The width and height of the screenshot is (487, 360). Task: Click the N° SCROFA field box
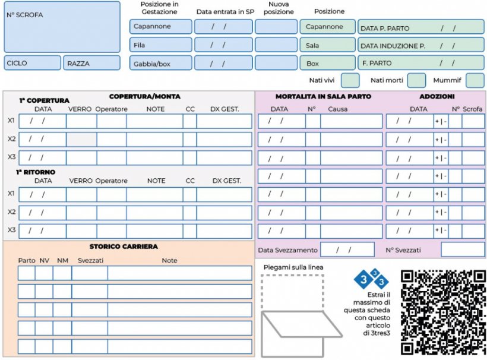(62, 27)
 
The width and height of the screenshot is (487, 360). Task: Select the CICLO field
(32, 63)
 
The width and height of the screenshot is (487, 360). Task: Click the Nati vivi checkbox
(350, 80)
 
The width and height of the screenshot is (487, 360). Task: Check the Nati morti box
(416, 80)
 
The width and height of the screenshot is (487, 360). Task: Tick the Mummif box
(475, 80)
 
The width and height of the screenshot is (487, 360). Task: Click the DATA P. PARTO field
(420, 27)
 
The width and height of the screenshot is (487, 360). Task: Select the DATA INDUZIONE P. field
(420, 45)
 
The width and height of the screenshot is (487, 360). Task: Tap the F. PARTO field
(420, 62)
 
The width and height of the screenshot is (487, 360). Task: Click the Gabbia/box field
(160, 63)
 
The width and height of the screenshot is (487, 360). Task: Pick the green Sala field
(327, 45)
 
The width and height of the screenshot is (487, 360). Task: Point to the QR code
(442, 312)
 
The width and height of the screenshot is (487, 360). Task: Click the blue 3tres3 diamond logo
(371, 278)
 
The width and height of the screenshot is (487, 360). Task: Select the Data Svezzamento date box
(347, 250)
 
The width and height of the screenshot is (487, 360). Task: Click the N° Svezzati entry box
(462, 250)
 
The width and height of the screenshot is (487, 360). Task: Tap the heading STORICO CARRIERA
(124, 247)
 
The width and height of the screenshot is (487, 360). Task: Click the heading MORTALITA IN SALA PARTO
(323, 96)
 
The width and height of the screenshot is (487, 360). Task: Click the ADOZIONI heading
(437, 96)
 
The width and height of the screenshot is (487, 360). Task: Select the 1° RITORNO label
(36, 172)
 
